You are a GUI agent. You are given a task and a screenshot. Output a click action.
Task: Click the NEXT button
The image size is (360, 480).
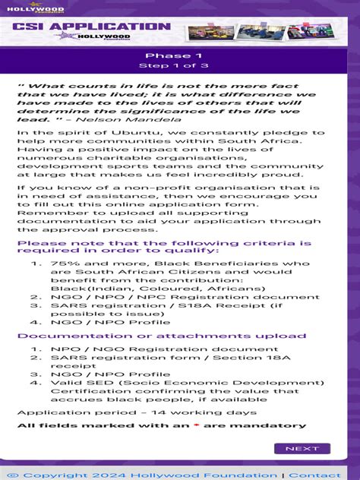coord(302,448)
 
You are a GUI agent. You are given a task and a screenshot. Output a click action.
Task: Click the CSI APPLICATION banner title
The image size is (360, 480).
coord(91,27)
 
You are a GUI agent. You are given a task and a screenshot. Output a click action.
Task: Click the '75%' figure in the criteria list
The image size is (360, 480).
coord(62,263)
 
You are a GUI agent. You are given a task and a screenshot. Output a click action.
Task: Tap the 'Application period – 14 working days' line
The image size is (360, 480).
coord(137,412)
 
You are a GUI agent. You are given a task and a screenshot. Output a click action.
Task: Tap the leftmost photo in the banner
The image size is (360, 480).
coord(207,33)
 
